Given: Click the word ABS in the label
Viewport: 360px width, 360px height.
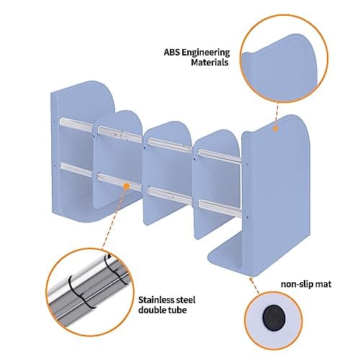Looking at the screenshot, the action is click(x=171, y=53).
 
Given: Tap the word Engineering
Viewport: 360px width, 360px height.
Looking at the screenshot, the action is click(x=206, y=53).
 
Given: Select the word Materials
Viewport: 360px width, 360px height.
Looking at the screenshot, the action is click(x=210, y=63).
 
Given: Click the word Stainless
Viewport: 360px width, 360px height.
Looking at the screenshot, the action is click(x=155, y=300).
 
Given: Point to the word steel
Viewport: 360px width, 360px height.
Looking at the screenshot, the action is click(x=184, y=300).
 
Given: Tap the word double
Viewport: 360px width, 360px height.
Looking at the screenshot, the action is click(x=153, y=310).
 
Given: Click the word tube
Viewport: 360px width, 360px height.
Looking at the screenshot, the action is click(x=177, y=310).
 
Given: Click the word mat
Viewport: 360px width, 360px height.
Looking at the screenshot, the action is click(x=323, y=284).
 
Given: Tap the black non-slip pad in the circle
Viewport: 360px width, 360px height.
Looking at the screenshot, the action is click(x=274, y=317).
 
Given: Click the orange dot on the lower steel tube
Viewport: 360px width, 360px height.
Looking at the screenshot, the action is click(x=127, y=186).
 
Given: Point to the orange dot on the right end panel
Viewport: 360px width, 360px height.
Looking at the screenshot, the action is click(x=276, y=129).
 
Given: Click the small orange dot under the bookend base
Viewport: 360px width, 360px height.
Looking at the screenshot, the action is click(x=251, y=279).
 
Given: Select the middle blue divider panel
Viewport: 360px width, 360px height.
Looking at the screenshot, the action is click(x=167, y=173).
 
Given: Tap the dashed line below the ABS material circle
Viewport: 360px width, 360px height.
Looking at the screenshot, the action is click(x=277, y=114).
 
